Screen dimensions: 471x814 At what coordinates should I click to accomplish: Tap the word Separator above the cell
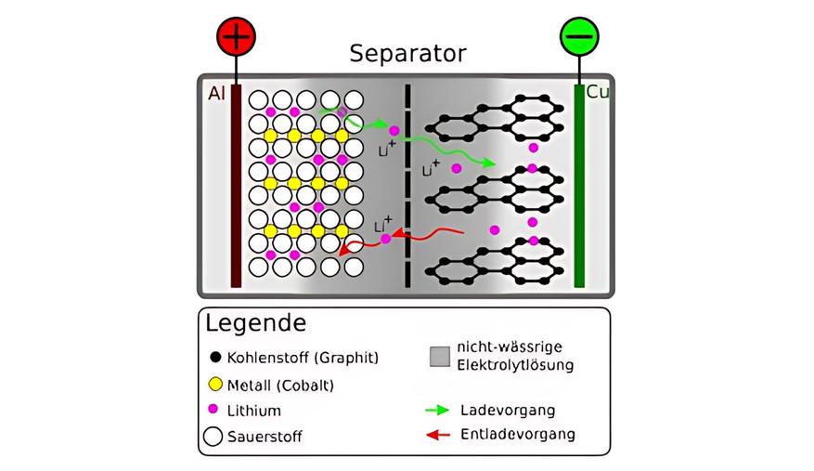pyautogui.click(x=407, y=54)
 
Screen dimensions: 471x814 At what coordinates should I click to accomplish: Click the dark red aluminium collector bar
pyautogui.click(x=237, y=186)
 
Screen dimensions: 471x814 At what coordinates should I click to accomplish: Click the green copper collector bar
pyautogui.click(x=579, y=186)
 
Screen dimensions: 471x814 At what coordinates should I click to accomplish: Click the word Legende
pyautogui.click(x=255, y=324)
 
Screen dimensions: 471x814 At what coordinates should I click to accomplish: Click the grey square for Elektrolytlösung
pyautogui.click(x=439, y=357)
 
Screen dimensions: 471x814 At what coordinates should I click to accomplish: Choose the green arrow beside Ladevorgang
pyautogui.click(x=436, y=410)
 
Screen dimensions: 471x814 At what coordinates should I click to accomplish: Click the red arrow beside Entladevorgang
pyautogui.click(x=436, y=435)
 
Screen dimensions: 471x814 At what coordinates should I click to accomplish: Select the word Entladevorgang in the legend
pyautogui.click(x=518, y=435)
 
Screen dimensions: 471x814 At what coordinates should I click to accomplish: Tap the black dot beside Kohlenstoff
pyautogui.click(x=213, y=357)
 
